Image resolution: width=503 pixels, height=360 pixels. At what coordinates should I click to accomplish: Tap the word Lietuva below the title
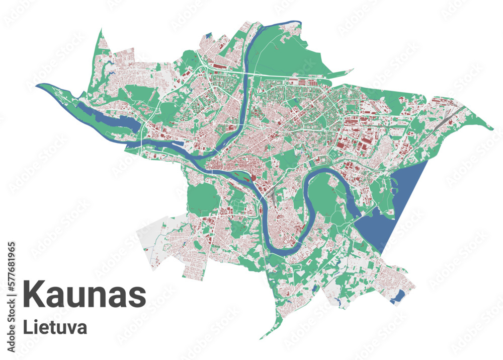pyautogui.click(x=55, y=327)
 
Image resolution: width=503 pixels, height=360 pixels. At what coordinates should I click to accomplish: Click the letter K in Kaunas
pyautogui.click(x=33, y=296)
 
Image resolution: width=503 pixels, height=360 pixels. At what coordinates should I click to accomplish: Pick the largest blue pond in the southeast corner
pyautogui.click(x=397, y=297)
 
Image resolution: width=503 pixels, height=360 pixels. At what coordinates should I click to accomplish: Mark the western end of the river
pyautogui.click(x=38, y=85)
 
